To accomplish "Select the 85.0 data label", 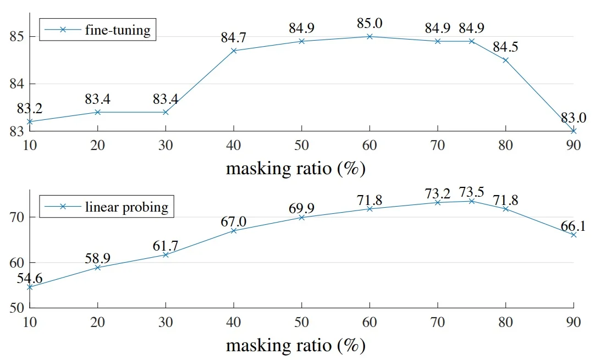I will pos(370,24).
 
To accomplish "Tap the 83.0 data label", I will pos(574,118).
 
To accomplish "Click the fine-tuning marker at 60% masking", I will pos(370,36).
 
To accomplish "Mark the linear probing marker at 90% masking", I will pos(574,235).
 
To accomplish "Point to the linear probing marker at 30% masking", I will pos(166,254).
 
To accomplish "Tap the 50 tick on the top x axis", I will pos(302,146).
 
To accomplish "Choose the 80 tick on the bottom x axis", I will pos(506,324).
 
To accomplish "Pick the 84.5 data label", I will pos(506,47).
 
